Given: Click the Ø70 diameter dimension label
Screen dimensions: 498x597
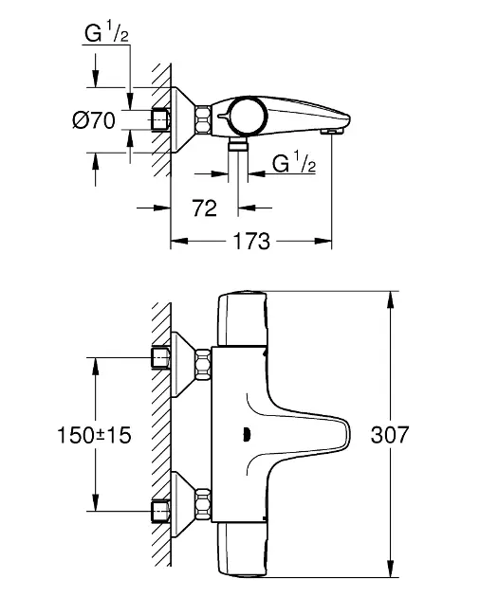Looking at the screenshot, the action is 94,120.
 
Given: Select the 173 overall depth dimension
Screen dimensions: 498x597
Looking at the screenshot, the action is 251,241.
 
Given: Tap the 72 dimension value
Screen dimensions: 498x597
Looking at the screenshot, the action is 204,208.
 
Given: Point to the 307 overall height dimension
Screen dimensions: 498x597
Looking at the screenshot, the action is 390,434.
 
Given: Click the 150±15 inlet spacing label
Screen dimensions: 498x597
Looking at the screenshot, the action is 94,435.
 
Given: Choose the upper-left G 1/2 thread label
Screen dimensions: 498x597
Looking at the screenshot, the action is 106,33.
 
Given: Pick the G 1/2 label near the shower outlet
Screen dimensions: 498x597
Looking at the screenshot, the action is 294,164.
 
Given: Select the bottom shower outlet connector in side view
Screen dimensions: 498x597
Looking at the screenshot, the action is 238,145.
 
